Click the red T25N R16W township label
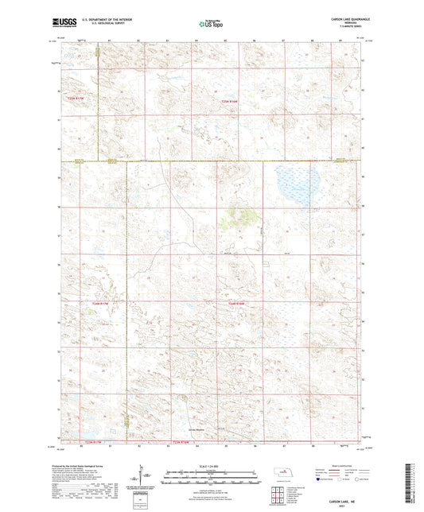[229, 102]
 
